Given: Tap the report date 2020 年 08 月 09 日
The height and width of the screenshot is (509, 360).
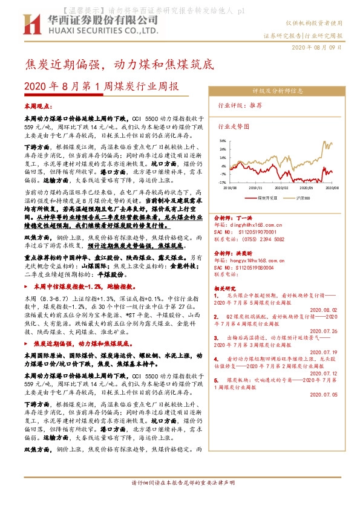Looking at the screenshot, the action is pos(317,47).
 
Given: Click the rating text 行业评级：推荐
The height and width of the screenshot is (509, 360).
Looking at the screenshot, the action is pos(240,105).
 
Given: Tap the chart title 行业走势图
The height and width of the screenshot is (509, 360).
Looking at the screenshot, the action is pos(234,128).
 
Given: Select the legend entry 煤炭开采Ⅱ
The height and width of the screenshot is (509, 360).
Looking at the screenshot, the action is pos(267,197).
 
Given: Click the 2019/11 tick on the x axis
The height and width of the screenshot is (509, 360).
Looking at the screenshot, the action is pos(257,187).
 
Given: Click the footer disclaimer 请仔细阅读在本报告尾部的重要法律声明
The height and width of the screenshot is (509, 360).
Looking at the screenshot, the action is pos(180,500).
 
